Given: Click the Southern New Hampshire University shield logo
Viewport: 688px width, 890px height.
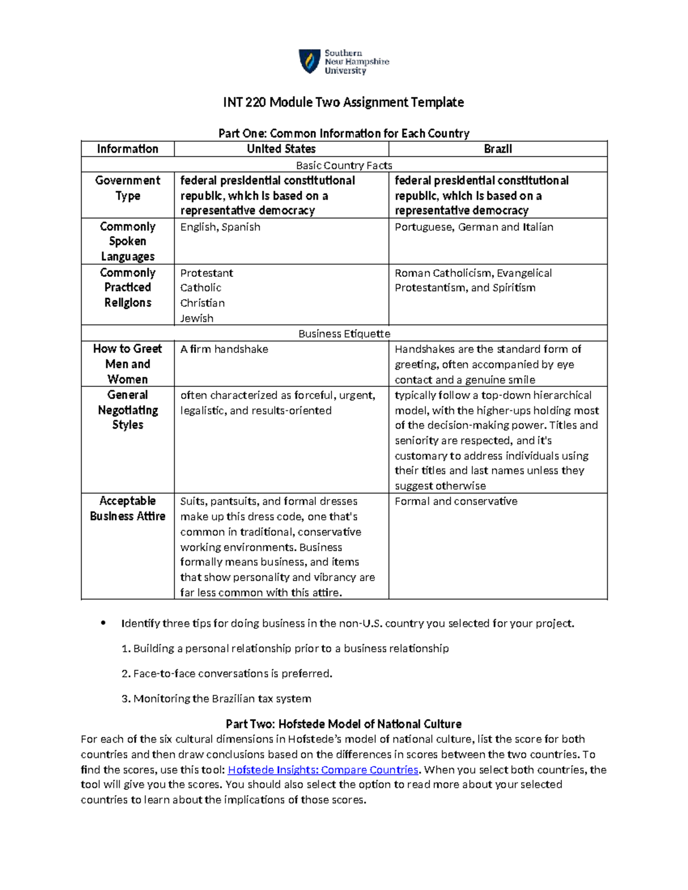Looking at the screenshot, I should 310,61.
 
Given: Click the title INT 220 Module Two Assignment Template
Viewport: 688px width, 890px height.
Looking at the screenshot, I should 343,103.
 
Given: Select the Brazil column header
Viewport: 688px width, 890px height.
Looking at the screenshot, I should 498,149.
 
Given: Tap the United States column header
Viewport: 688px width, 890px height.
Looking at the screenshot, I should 281,149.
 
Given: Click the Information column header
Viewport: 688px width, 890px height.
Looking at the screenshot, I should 127,149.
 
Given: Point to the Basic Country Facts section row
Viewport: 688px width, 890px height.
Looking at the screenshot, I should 344,165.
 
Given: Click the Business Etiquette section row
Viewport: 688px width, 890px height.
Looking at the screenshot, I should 344,334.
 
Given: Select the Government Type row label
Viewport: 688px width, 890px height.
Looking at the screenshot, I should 127,188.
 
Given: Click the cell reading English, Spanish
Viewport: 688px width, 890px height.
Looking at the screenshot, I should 220,227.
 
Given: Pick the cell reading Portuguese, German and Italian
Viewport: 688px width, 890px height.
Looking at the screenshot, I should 474,227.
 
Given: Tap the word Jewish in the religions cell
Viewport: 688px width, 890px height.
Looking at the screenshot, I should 197,318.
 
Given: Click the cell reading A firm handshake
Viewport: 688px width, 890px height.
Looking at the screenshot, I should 224,349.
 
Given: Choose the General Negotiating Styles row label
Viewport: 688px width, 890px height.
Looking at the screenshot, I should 127,410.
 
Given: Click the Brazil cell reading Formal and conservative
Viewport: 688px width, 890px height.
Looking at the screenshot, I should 456,501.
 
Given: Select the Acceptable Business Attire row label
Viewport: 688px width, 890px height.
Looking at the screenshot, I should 127,508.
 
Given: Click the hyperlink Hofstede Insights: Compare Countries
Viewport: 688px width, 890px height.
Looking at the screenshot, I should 323,770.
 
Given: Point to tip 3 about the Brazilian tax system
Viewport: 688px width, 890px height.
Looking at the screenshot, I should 217,699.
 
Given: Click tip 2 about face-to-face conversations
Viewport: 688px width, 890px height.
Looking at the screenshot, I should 227,673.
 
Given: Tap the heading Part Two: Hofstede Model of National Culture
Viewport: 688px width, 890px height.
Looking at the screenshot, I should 343,724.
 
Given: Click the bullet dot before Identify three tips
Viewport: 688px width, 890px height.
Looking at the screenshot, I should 103,623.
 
